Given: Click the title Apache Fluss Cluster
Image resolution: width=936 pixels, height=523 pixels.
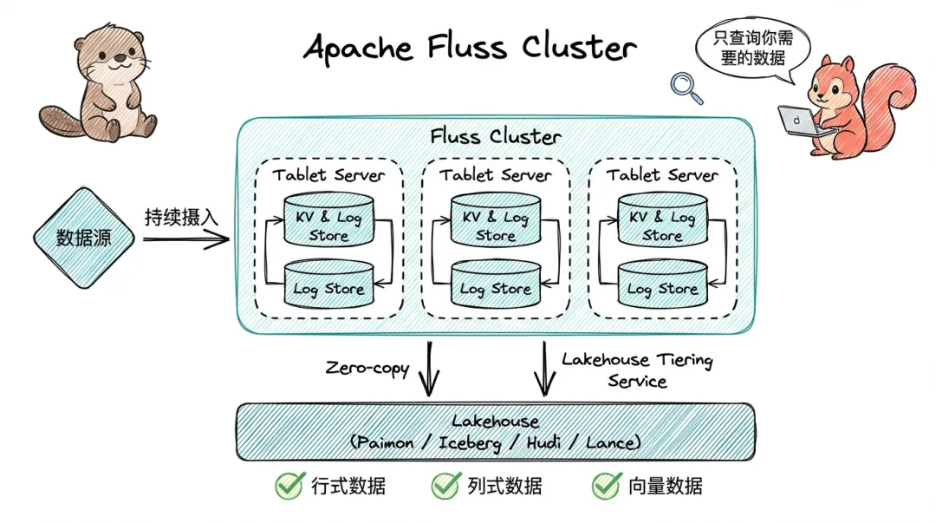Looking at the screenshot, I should click(x=470, y=48).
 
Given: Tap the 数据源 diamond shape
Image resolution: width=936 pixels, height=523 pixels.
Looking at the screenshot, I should click(x=84, y=238).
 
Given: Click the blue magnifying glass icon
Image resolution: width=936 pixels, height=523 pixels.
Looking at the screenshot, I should click(x=686, y=84).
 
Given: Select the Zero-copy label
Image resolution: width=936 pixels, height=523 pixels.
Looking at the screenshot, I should click(x=367, y=368).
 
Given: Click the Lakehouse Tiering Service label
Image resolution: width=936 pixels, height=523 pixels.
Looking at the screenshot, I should click(x=637, y=369).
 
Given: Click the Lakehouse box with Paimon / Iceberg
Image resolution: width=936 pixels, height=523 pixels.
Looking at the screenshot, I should click(x=495, y=431).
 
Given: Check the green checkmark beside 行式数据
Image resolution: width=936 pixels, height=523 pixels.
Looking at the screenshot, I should click(x=289, y=486).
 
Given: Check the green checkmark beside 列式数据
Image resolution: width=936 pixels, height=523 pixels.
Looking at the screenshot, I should click(x=445, y=486).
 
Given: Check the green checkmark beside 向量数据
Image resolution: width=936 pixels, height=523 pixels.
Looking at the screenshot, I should click(x=606, y=486).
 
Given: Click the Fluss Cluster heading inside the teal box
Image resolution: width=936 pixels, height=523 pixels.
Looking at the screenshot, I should click(x=495, y=136).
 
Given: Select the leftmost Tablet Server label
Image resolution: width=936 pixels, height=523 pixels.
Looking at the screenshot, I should click(x=328, y=175).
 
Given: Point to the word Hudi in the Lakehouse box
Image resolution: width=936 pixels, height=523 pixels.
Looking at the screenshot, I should click(x=556, y=442).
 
